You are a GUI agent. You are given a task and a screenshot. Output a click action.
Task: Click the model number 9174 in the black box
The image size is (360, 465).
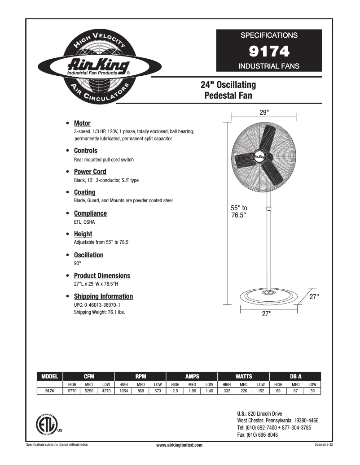coord(269,52)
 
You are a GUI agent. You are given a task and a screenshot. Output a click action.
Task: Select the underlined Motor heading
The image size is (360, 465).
coord(82,123)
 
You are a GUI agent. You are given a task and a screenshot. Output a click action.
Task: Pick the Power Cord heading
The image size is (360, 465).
coord(90,172)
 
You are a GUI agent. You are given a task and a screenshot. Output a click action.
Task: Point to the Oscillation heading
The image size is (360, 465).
coord(88,255)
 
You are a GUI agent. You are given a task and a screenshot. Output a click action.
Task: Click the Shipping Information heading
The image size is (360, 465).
coord(103,296)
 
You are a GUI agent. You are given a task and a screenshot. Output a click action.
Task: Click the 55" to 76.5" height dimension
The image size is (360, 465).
coord(239,212)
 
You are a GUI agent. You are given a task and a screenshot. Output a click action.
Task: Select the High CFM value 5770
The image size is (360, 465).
coord(72,391)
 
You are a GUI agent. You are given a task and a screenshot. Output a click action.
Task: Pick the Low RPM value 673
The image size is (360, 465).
coord(158,391)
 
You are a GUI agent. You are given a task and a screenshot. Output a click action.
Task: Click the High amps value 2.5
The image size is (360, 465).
coord(175,391)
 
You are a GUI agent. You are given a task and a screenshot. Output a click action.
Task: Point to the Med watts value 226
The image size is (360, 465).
coord(243,391)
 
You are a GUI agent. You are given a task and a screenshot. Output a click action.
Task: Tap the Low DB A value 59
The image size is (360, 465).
coord(312,391)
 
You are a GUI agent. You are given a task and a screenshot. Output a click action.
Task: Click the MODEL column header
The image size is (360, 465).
coord(49,376)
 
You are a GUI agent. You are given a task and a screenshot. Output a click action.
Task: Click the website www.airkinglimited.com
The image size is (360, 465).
coord(179,445)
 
